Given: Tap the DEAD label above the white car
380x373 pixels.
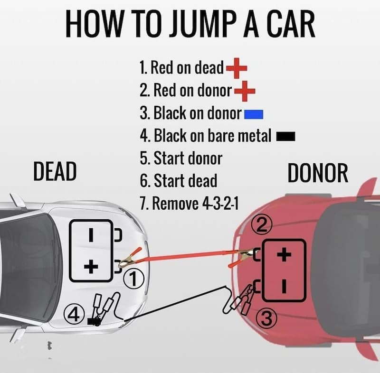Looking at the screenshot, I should click(x=55, y=172).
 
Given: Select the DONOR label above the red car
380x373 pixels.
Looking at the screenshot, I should click(x=318, y=174).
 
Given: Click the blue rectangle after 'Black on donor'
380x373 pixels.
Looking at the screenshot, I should click(x=253, y=113).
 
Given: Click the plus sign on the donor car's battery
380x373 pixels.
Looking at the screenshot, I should click(x=284, y=255).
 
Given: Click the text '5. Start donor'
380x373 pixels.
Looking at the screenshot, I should click(x=181, y=158).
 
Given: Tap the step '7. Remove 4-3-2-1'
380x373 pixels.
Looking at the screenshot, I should click(x=189, y=204).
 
